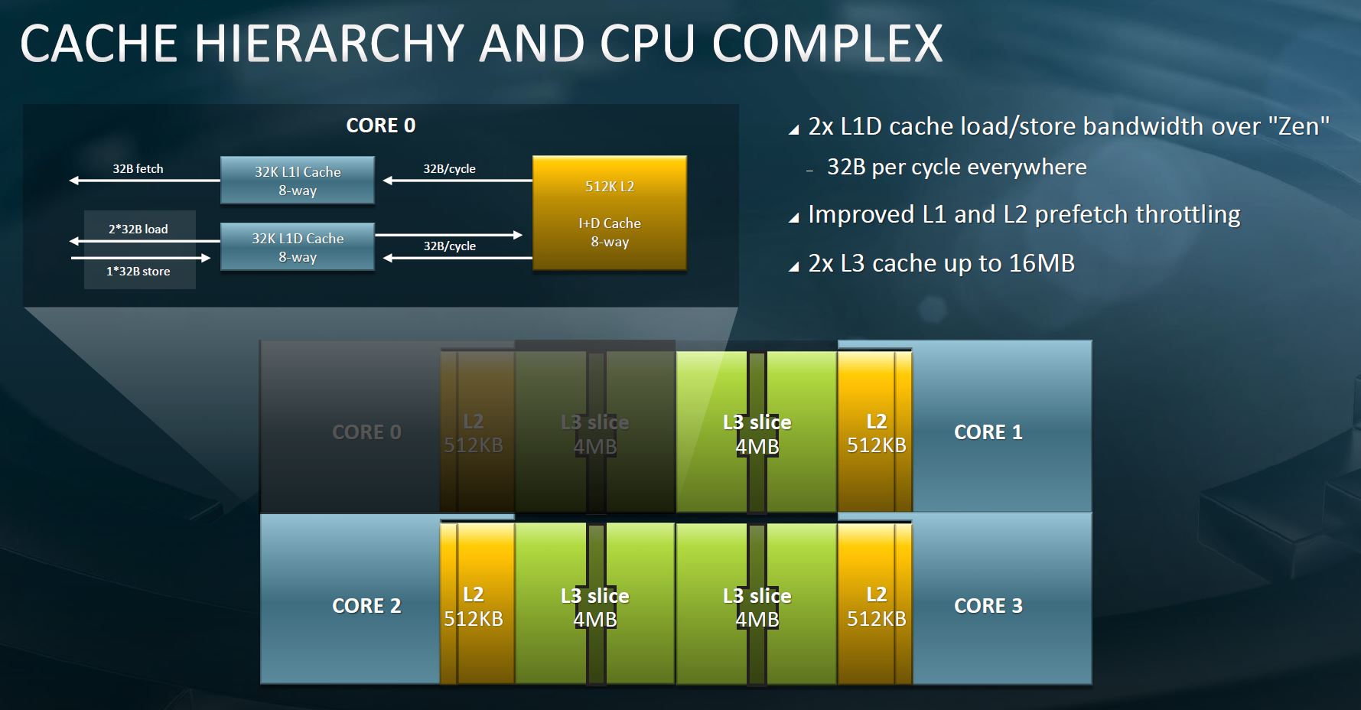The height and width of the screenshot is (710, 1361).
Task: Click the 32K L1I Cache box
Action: pos(298,181)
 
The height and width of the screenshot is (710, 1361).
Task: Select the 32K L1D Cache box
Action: pos(298,247)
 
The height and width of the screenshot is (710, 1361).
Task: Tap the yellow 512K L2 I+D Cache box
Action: pos(610,213)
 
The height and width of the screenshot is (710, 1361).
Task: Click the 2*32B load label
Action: pos(138,229)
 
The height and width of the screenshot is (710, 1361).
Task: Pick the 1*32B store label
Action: pos(138,272)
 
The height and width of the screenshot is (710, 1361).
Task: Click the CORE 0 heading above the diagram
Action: pos(381,125)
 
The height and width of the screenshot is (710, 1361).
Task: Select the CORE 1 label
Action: pos(988,432)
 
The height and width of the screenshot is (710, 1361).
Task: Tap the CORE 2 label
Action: pos(366,606)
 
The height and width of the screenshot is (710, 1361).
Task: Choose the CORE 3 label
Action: pos(988,606)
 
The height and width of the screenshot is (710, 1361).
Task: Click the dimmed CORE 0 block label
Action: pos(366,432)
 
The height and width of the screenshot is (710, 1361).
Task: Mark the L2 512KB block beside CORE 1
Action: pos(876,433)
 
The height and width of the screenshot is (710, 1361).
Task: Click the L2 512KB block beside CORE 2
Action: pos(474,607)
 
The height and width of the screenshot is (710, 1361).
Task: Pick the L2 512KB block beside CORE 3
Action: pos(876,607)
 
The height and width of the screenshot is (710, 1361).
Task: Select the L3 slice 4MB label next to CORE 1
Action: pos(757,434)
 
